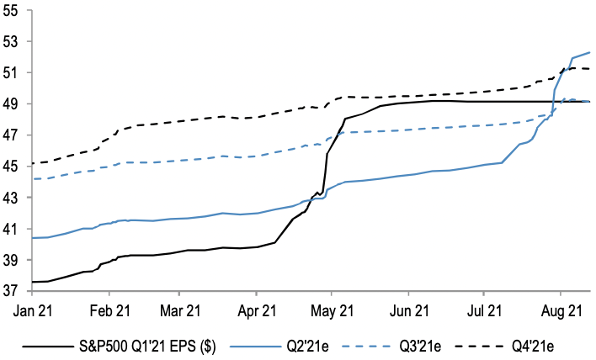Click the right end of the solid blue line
[x=589, y=53]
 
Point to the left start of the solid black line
[x=32, y=282]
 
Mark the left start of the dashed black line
[x=32, y=163]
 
